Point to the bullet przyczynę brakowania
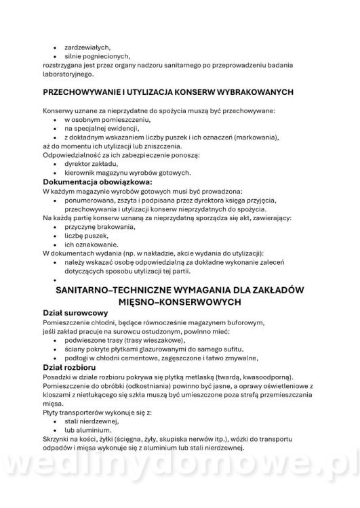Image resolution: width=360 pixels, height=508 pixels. [x=100, y=227]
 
